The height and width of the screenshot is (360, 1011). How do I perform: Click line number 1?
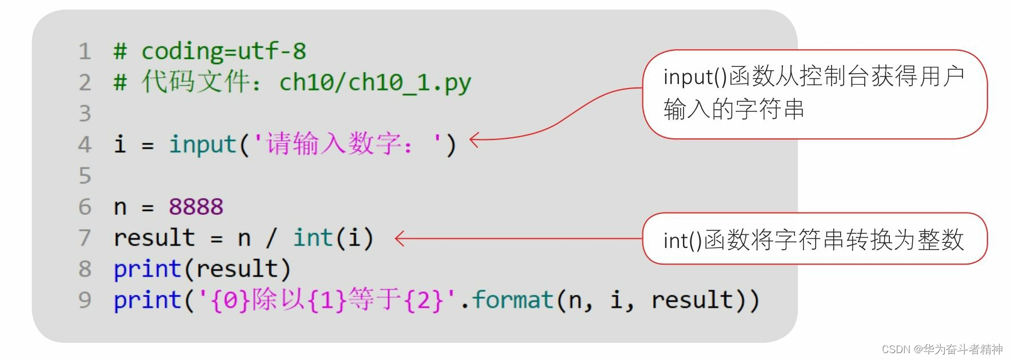(x=85, y=51)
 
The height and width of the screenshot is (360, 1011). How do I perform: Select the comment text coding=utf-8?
(x=223, y=51)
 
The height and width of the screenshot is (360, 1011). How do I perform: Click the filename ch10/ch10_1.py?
(x=375, y=82)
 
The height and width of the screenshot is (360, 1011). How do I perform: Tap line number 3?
(x=85, y=113)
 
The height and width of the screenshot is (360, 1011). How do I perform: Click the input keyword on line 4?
(x=203, y=144)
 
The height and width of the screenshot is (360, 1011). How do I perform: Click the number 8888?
(x=196, y=206)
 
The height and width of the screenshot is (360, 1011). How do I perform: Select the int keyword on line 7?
(x=313, y=238)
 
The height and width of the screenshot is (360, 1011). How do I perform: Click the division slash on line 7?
(x=271, y=238)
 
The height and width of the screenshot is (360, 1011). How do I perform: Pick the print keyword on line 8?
(x=147, y=269)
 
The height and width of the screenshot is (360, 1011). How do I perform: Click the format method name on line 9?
(x=513, y=300)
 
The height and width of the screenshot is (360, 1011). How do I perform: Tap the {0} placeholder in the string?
(x=231, y=300)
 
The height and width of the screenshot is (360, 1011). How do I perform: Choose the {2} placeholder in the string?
(x=423, y=300)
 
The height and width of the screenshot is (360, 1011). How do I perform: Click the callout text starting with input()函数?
(x=814, y=93)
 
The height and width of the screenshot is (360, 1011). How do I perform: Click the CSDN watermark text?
(x=942, y=349)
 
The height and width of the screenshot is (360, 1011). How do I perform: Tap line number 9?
(x=85, y=300)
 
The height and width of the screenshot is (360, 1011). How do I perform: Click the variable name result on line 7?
(x=154, y=238)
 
